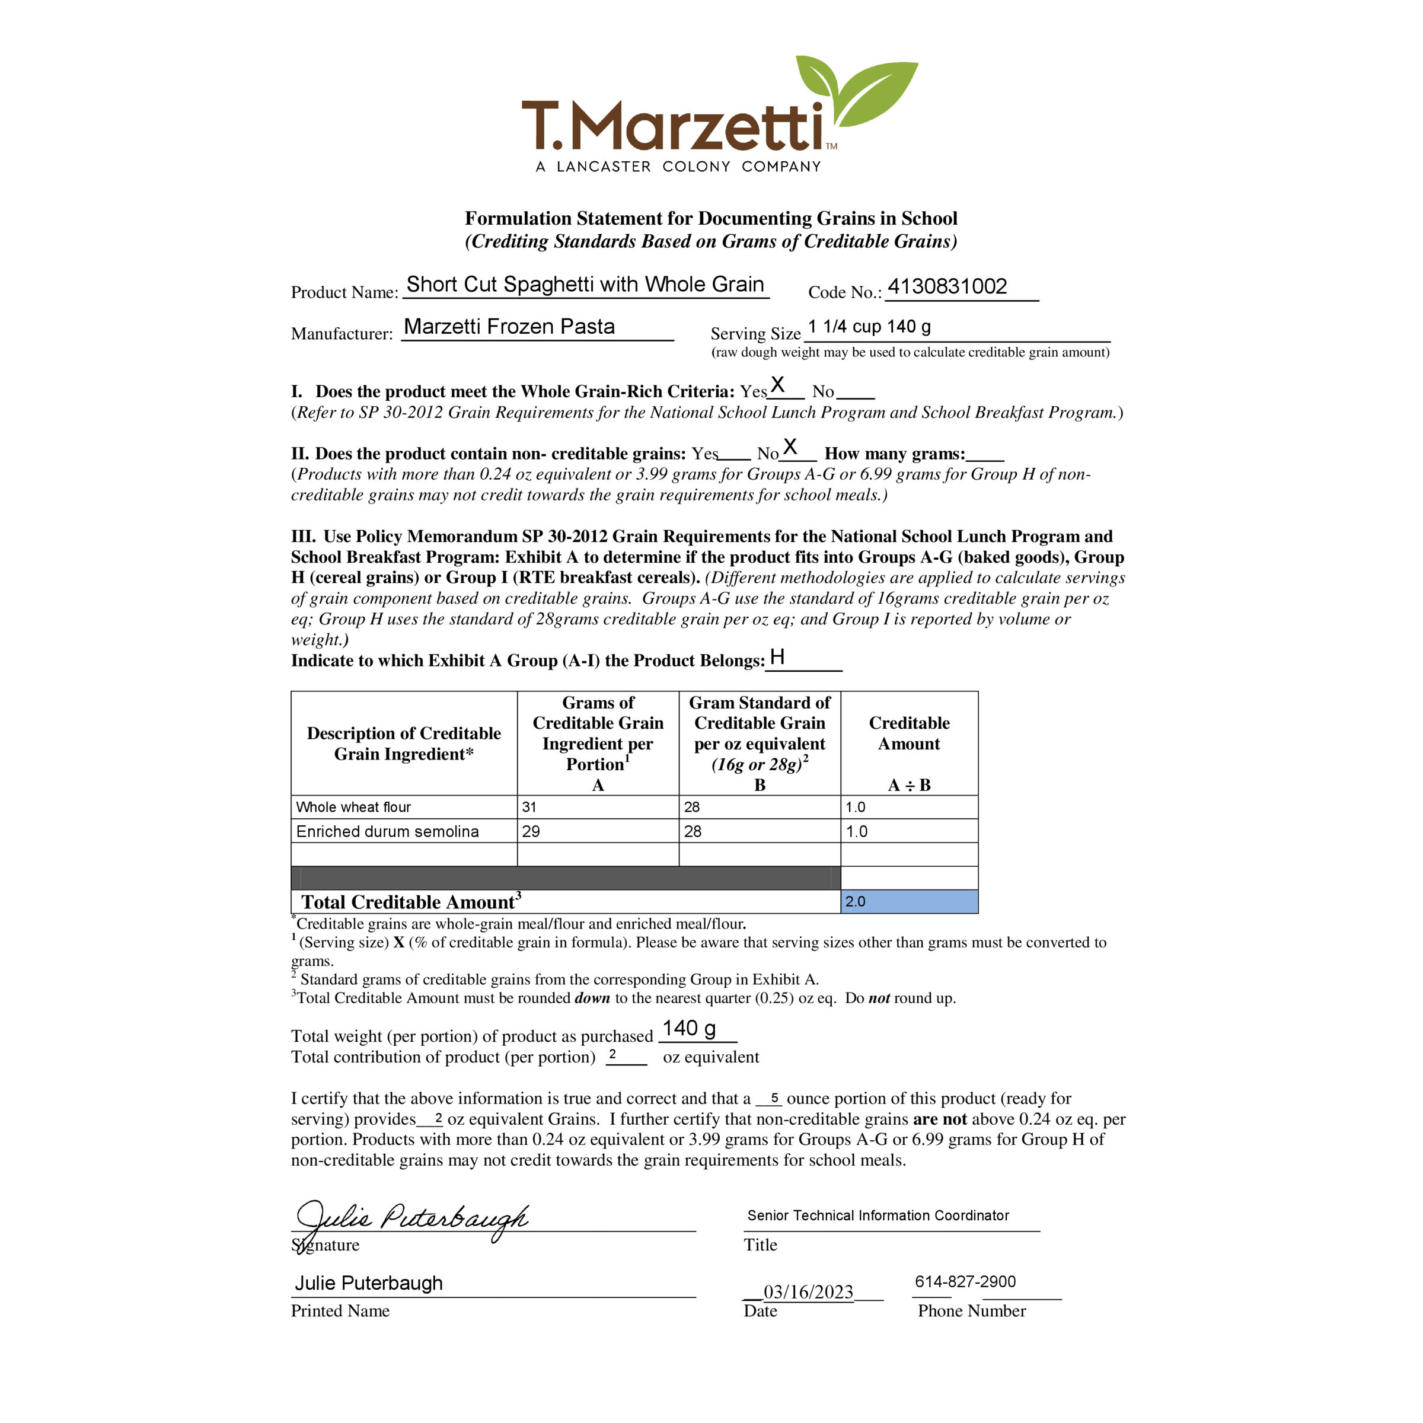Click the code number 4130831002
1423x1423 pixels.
947,286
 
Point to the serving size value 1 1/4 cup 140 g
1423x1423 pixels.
869,326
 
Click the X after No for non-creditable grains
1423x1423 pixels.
790,446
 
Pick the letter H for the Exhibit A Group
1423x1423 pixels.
777,657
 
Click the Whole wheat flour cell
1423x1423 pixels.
353,807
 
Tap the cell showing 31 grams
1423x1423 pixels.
529,807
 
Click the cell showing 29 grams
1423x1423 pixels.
531,831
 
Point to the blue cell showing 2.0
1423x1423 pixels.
909,901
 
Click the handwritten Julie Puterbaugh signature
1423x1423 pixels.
413,1219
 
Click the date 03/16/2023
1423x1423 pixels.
808,1292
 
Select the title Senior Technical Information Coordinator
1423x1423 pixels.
878,1215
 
